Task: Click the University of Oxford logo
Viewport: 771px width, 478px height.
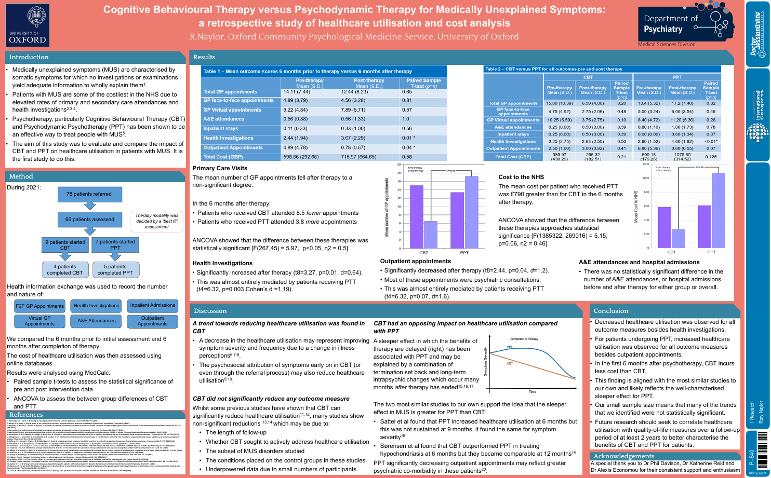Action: (28, 25)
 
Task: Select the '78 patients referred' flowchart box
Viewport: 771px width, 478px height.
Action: (89, 194)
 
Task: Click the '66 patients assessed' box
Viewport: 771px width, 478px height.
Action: (89, 220)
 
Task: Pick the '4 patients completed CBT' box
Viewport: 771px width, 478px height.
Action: (65, 269)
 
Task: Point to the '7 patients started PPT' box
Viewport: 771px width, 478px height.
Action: (115, 244)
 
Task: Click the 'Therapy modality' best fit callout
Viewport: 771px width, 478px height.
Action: (156, 221)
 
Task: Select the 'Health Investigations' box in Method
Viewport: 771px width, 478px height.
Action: (96, 306)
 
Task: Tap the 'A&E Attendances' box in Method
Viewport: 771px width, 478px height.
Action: (96, 321)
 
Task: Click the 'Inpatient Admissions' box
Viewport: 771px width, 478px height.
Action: (153, 306)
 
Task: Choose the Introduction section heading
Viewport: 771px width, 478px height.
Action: (29, 57)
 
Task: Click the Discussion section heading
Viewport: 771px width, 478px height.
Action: (210, 311)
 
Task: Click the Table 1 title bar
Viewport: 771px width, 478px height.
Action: (308, 72)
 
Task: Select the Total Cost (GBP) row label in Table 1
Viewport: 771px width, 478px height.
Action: (223, 157)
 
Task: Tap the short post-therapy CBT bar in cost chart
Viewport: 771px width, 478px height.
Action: (679, 238)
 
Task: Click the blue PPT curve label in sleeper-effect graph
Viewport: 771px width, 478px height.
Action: (510, 347)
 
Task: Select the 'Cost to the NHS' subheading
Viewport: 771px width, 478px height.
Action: (521, 177)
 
